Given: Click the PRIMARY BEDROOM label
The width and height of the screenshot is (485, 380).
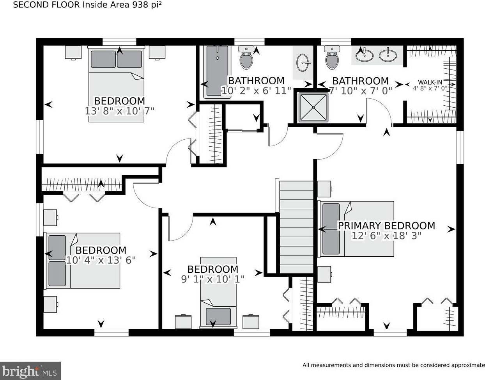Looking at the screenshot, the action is [x=387, y=226].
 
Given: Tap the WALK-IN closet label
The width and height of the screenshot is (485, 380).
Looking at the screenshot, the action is [x=430, y=82].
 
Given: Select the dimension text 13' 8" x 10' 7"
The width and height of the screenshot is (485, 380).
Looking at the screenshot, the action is [x=120, y=111].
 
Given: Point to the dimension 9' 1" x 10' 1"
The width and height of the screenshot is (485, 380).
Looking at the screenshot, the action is [x=213, y=279].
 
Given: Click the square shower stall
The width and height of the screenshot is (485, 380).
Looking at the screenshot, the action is [x=313, y=107].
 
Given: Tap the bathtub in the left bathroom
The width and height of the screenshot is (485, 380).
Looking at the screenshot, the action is [x=218, y=72].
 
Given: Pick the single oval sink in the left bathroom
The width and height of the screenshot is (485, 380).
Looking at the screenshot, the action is [x=303, y=63].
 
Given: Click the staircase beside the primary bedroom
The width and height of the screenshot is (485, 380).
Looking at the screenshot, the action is [x=297, y=227].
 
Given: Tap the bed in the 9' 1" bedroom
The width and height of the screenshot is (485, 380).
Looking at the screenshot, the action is [x=218, y=293].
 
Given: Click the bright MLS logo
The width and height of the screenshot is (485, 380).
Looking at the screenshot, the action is [x=30, y=371].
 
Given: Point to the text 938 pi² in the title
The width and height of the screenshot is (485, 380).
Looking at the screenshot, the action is [x=147, y=5].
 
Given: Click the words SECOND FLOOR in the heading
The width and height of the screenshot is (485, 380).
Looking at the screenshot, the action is [x=46, y=5].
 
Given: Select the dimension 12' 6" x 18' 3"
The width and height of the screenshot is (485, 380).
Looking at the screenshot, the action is [x=386, y=236].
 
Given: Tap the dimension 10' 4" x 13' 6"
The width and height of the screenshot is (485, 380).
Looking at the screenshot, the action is [x=101, y=260].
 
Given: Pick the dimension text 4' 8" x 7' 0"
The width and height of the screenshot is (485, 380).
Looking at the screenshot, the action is [x=430, y=88].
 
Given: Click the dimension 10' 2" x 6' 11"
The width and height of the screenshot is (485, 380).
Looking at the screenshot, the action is [x=256, y=91].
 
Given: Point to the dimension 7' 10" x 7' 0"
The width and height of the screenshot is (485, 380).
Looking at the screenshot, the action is [x=361, y=91].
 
